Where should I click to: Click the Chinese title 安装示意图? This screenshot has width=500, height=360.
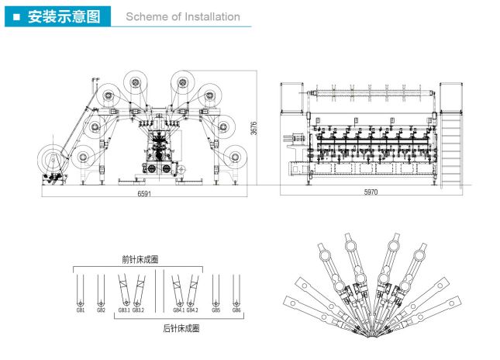(64, 16)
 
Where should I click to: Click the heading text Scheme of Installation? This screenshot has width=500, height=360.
(182, 16)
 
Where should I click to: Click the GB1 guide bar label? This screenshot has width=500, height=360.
(81, 310)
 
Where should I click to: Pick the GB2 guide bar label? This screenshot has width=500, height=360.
(101, 310)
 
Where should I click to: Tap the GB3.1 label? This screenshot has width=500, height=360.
(123, 310)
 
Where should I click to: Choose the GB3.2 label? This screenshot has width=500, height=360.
(138, 310)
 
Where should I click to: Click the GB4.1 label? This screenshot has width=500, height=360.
(178, 310)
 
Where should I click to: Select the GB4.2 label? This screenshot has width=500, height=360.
(192, 310)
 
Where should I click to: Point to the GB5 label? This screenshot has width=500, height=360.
(216, 310)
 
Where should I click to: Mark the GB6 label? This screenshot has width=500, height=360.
(236, 310)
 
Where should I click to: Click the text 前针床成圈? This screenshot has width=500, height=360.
(140, 259)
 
